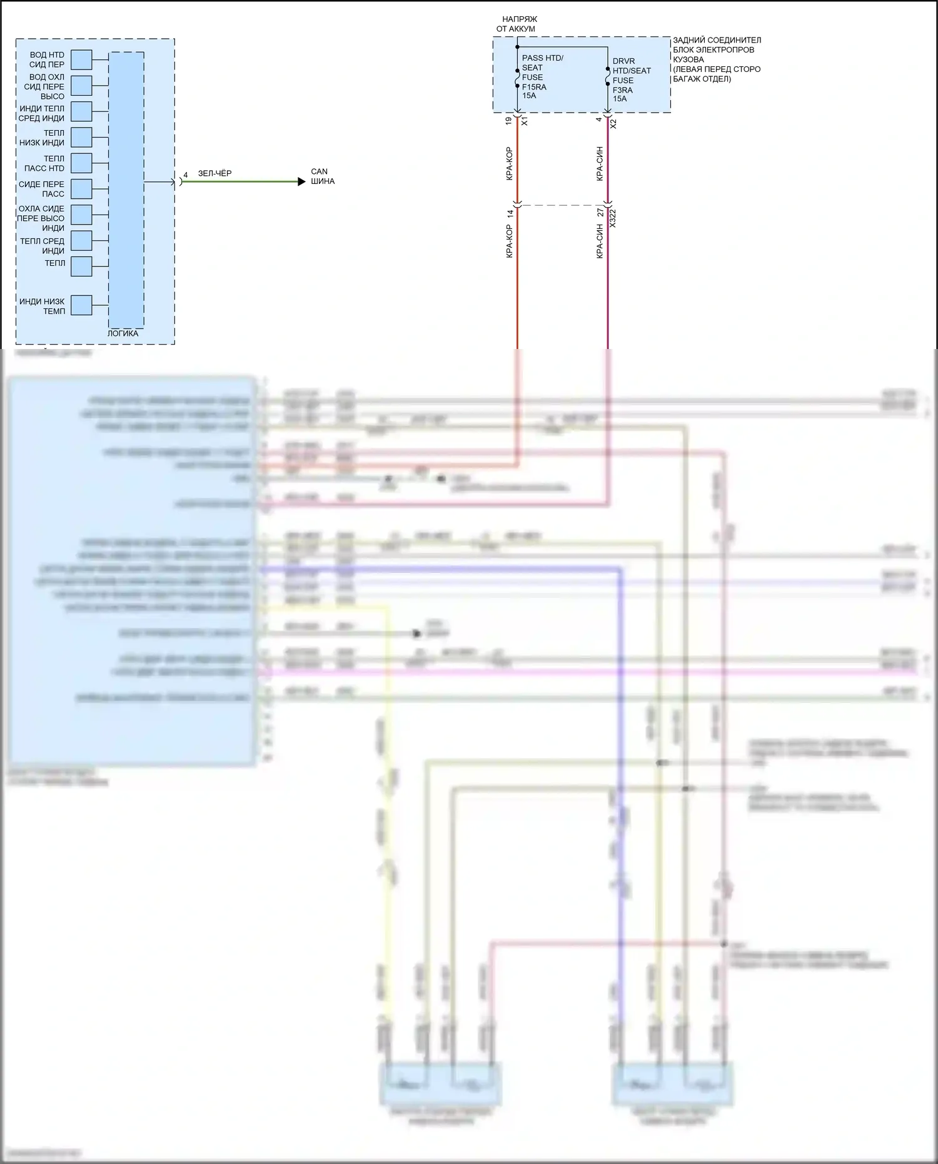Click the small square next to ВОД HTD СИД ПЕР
(81, 60)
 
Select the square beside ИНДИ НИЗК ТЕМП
(81, 305)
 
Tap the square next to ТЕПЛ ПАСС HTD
(81, 163)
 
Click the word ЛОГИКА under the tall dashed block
(123, 333)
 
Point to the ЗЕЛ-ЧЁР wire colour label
(214, 173)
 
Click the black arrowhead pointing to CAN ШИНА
(301, 182)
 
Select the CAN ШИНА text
(322, 176)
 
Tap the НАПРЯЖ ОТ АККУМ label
(517, 24)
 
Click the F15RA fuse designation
(534, 87)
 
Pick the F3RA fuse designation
(622, 90)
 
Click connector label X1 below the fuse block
(525, 121)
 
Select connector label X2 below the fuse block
(613, 124)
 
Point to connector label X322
(613, 218)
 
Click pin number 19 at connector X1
(508, 121)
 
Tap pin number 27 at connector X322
(600, 213)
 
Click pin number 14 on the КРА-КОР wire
(510, 213)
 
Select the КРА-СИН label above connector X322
(600, 164)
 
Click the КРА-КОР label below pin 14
(509, 241)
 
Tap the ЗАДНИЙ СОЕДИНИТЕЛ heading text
(717, 40)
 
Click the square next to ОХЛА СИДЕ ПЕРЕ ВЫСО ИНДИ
(81, 215)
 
